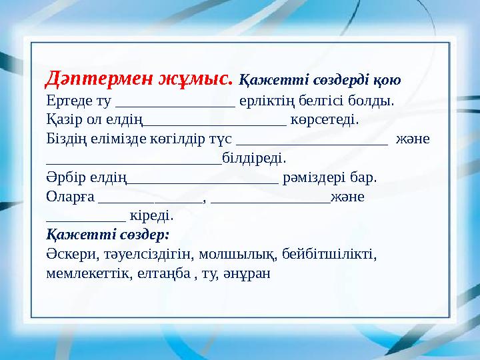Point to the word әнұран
248,273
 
